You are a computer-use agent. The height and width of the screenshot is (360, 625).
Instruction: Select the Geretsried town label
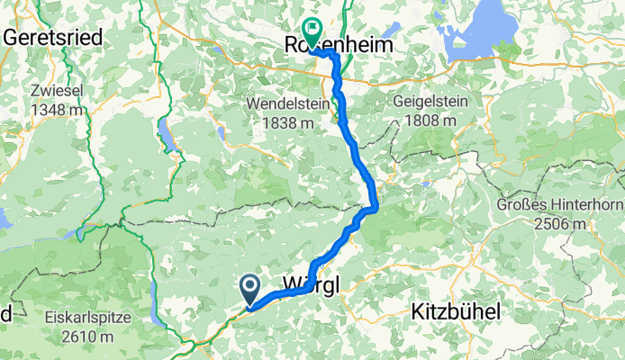coord(53,39)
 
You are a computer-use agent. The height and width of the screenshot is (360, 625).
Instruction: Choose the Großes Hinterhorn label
coord(559,204)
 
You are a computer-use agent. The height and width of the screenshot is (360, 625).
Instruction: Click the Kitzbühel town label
coord(459,312)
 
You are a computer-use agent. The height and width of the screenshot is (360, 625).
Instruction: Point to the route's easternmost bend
coord(376,207)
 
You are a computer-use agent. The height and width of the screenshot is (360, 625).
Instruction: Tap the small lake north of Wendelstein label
coord(222,133)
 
